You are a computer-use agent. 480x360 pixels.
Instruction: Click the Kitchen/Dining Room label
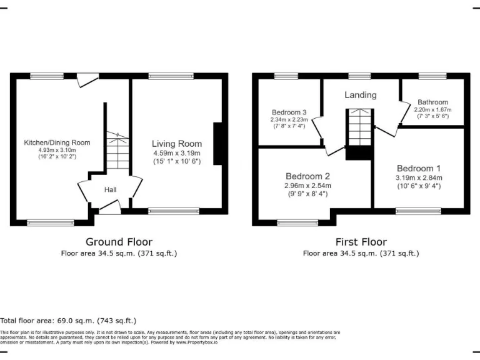click(x=57, y=142)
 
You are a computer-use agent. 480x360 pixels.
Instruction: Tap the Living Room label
click(x=177, y=144)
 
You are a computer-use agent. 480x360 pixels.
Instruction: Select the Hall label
click(x=110, y=189)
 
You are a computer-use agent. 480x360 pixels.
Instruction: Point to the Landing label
click(x=361, y=95)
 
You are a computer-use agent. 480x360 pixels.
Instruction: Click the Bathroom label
click(x=432, y=102)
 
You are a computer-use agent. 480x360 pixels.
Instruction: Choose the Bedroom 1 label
click(x=418, y=168)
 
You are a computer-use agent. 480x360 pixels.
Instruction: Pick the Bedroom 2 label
click(x=307, y=176)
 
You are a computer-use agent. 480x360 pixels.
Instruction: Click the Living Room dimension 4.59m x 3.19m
click(x=177, y=153)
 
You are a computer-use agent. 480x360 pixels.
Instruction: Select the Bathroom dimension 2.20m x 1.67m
click(x=432, y=109)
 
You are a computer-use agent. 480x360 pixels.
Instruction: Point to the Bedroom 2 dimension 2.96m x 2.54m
click(x=308, y=186)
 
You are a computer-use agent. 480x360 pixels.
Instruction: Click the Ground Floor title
click(x=118, y=242)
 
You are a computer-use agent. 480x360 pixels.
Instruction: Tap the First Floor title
click(x=361, y=242)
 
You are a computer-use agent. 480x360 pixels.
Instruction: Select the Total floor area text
click(x=68, y=320)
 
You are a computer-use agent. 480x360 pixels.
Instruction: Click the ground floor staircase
click(x=117, y=153)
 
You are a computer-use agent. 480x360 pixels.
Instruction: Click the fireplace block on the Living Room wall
click(x=219, y=144)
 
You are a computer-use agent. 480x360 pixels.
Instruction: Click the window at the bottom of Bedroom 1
click(x=418, y=211)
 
